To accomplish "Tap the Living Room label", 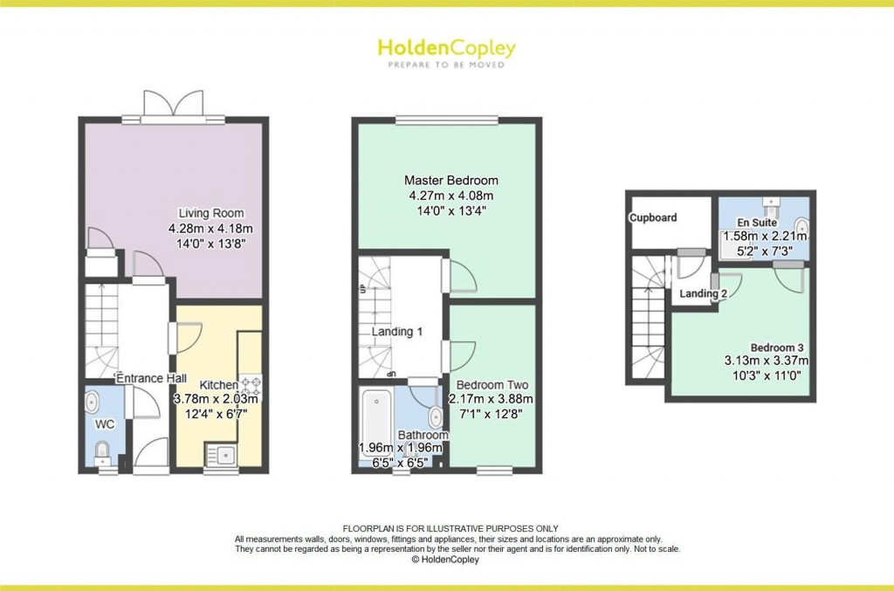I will tap(211, 213).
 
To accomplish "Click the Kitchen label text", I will tap(218, 385).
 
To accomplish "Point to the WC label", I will tap(104, 424).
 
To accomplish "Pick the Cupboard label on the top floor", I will tap(654, 217).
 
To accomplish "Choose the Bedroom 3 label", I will tap(766, 347).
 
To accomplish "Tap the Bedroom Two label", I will tap(492, 385).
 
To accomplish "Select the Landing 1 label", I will tap(396, 332).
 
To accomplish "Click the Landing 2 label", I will tap(704, 294).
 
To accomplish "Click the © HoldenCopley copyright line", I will tap(446, 560).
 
